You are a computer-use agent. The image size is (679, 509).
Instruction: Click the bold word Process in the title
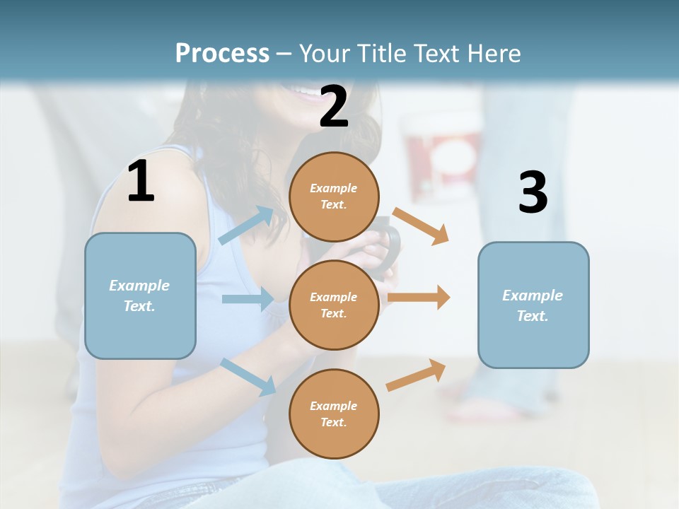(222, 53)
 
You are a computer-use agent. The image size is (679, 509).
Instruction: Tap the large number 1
(141, 182)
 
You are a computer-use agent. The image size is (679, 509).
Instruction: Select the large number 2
(334, 106)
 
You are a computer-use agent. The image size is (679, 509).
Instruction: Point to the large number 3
(533, 192)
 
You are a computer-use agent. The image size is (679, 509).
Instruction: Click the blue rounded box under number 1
(140, 296)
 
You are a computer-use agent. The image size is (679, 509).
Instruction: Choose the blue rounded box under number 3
(533, 305)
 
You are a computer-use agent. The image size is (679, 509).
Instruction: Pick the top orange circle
(334, 197)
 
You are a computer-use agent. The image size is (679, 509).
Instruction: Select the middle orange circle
(334, 305)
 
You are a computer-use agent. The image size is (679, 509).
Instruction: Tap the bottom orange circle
(334, 414)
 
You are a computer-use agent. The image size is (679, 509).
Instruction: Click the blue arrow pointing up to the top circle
(246, 225)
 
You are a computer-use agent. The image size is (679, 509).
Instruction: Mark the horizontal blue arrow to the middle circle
(248, 299)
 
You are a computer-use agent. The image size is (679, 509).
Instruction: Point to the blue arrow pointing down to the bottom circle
(248, 376)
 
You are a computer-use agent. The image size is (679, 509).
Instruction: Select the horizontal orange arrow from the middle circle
(419, 298)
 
